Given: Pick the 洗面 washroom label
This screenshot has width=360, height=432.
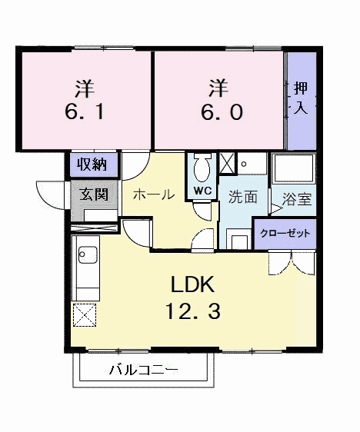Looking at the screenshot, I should pyautogui.click(x=242, y=196).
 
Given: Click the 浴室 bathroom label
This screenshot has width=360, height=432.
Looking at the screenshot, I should pyautogui.click(x=296, y=199).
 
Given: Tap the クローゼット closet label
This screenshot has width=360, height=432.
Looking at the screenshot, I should pyautogui.click(x=285, y=231).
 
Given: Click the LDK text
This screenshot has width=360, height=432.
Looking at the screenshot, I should pyautogui.click(x=192, y=285).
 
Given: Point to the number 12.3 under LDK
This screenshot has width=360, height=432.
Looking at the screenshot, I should pyautogui.click(x=192, y=312).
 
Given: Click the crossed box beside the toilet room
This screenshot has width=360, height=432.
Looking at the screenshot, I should pyautogui.click(x=228, y=164).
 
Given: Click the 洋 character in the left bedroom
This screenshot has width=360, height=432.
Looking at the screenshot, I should pyautogui.click(x=85, y=86).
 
